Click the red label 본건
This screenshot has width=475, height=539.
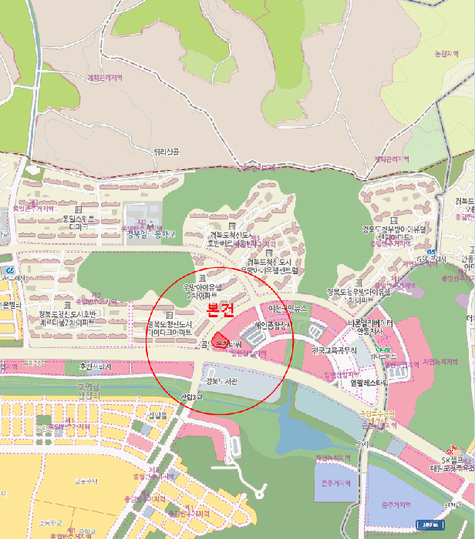[x=221, y=309]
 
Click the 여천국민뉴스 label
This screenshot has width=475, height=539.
[x=288, y=308]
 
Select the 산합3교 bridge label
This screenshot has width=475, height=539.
[x=190, y=397]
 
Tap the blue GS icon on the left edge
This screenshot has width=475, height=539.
[x=9, y=270]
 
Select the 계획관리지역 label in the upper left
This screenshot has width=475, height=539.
[x=105, y=78]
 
